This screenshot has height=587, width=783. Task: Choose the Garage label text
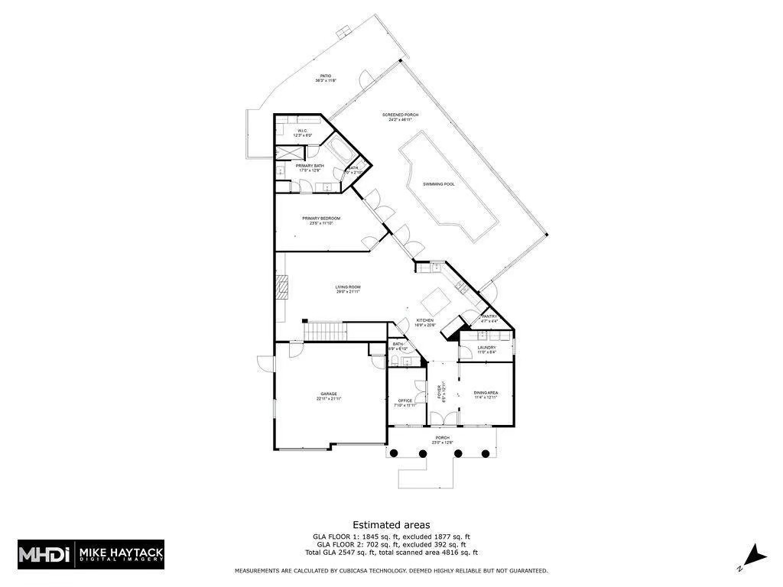[x=329, y=395]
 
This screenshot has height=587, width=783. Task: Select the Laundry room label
[x=487, y=349]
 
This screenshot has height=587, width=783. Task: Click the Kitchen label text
[x=425, y=322]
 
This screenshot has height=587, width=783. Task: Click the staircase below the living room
[x=327, y=331]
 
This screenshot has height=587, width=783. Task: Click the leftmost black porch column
[x=394, y=453]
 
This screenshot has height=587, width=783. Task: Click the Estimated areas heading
[x=391, y=524]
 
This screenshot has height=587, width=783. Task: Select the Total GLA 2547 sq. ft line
[x=391, y=552]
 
